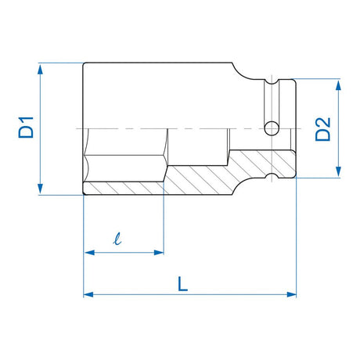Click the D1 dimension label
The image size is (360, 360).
27,127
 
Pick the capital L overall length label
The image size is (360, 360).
182,285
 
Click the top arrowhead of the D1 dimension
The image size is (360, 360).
38,68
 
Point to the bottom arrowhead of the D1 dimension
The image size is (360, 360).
38,188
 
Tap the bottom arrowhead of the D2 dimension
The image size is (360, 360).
339,173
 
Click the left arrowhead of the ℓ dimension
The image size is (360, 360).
88,252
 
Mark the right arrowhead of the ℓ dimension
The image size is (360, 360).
160,252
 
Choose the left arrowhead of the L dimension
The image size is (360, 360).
88,295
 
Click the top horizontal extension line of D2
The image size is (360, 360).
321,78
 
